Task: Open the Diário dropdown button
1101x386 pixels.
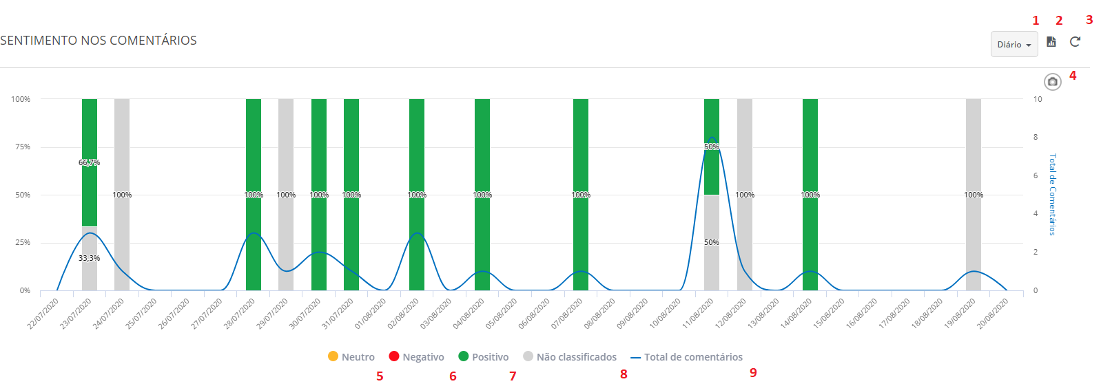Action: [1013, 44]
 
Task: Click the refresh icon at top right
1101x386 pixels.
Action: [1075, 42]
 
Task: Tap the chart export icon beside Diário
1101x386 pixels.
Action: [1051, 42]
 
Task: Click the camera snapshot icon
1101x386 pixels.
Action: [1052, 82]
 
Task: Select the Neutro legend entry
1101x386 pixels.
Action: [351, 357]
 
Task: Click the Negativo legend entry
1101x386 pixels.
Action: [416, 357]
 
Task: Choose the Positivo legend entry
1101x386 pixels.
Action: [484, 357]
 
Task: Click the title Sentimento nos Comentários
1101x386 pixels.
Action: [99, 41]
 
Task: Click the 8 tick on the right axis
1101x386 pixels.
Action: [1035, 137]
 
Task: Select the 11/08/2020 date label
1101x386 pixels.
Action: [698, 314]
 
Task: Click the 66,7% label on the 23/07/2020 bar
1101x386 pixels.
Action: [89, 162]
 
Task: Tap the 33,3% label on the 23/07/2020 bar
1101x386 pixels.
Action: [89, 258]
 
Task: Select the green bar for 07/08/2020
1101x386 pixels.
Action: [581, 151]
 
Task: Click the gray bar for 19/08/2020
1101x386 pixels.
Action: [973, 151]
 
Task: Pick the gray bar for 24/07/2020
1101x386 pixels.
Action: [122, 151]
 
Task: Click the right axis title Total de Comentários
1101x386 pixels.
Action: [1052, 195]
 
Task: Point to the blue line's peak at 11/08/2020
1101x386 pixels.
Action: [712, 138]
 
